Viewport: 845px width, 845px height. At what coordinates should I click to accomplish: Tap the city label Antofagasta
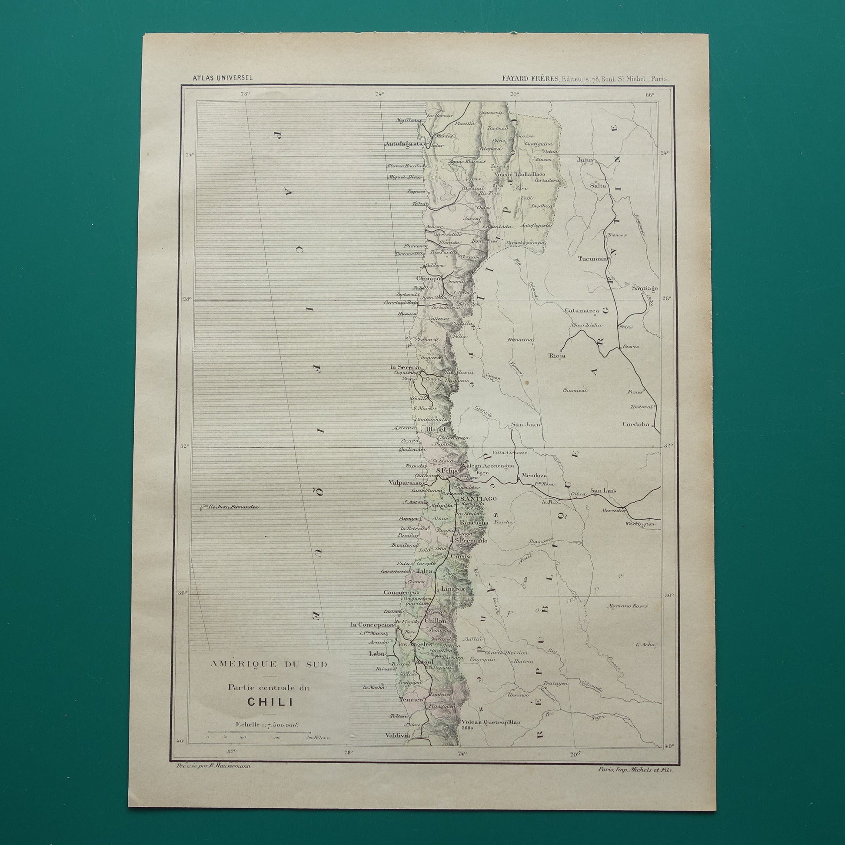click(x=404, y=143)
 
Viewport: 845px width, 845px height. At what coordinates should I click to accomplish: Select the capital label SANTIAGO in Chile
click(x=477, y=499)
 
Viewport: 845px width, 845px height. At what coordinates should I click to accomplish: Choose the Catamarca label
click(x=581, y=310)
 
